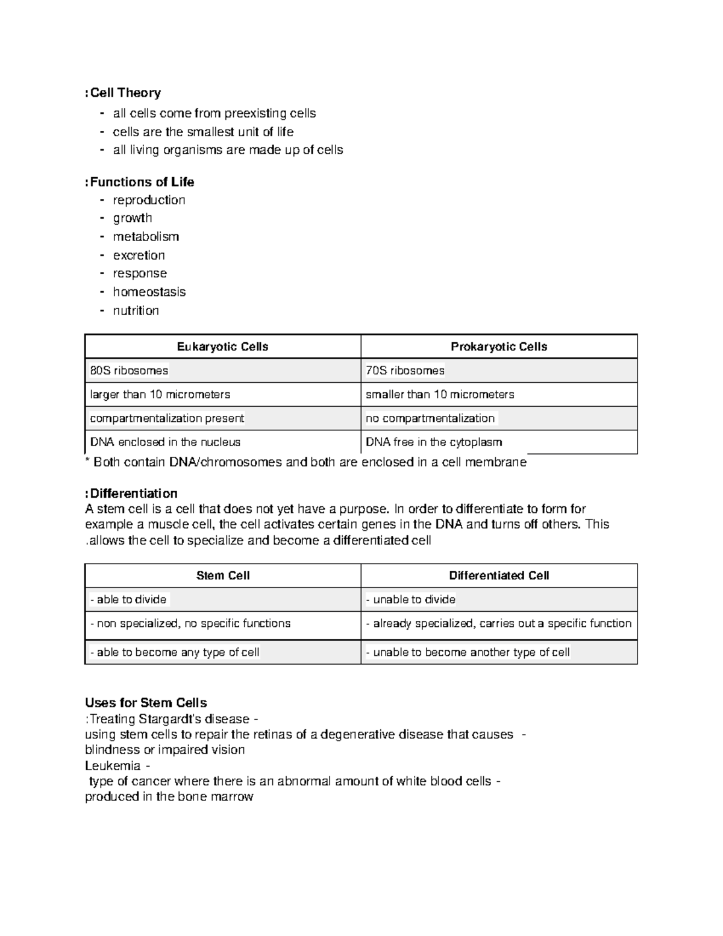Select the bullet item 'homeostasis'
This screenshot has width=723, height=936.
click(x=149, y=292)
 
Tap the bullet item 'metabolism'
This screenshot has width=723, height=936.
click(x=146, y=236)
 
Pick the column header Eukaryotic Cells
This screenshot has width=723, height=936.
click(x=222, y=347)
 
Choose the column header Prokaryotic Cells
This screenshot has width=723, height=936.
click(x=499, y=347)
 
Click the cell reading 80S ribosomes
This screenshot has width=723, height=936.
click(x=129, y=371)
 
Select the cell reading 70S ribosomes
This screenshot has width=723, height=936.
click(x=405, y=371)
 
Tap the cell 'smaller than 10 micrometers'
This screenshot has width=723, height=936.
click(x=440, y=395)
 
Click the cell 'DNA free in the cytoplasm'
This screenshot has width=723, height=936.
click(x=434, y=442)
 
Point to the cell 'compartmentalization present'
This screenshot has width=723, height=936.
click(x=167, y=418)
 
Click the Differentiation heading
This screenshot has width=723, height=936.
click(x=133, y=494)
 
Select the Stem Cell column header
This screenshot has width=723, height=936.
click(x=222, y=576)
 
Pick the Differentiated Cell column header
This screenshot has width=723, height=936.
click(x=499, y=576)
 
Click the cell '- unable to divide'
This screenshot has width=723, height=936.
click(x=411, y=600)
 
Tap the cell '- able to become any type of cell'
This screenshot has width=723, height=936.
click(x=175, y=652)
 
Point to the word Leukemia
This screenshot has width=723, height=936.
click(x=113, y=765)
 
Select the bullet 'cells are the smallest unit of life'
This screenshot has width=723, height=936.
click(x=203, y=132)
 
